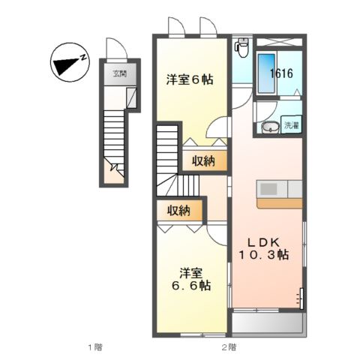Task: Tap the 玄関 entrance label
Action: (x=120, y=73)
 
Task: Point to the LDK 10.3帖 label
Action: (x=264, y=248)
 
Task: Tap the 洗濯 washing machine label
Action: (x=291, y=126)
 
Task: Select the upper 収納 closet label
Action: (x=203, y=160)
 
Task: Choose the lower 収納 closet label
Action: (x=178, y=211)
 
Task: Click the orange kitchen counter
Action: (x=279, y=202)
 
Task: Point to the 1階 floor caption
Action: (x=94, y=347)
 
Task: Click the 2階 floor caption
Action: (x=228, y=347)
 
